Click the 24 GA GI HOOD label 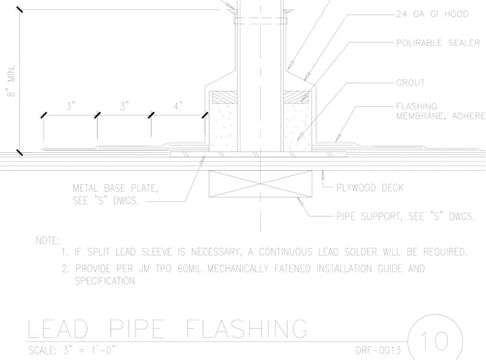(432, 14)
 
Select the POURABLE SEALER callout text (438, 43)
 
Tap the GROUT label (411, 82)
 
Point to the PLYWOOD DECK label (370, 188)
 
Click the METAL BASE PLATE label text (115, 194)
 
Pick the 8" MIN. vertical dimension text (11, 81)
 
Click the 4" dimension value (178, 106)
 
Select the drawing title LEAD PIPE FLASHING (168, 329)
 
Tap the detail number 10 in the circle (435, 341)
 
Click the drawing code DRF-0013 (378, 350)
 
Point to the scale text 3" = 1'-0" (90, 350)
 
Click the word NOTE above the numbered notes (47, 240)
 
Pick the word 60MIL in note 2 (189, 269)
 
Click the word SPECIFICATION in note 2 (105, 281)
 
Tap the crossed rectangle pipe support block (260, 184)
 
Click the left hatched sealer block (224, 97)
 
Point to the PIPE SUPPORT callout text (405, 216)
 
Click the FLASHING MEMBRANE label (441, 111)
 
